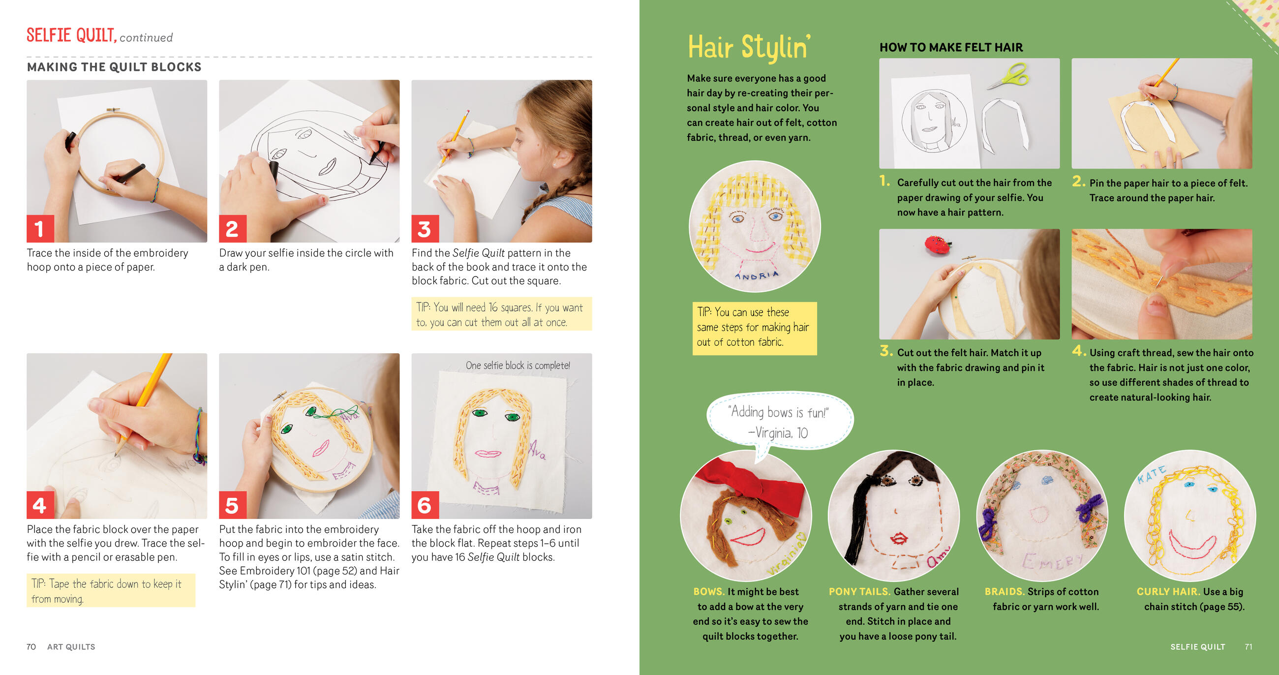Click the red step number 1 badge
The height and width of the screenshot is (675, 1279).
point(40,228)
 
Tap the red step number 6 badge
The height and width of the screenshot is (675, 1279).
point(425,505)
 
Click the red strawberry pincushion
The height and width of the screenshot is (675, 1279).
point(937,244)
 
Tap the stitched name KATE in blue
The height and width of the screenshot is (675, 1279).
point(1152,474)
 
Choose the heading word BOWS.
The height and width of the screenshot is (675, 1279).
point(709,591)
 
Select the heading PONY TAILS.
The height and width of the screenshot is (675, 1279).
point(859,591)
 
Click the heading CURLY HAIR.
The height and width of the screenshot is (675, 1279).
point(1169,591)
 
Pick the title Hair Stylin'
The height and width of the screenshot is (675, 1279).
point(749,48)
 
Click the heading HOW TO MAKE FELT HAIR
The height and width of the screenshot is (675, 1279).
point(951,47)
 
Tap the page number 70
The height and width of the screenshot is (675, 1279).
point(31,646)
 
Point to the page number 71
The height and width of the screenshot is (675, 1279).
point(1248,646)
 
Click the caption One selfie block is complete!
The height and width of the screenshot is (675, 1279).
point(518,366)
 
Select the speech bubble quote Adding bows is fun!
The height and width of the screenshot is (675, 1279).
point(778,412)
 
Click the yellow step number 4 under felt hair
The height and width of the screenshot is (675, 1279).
point(1078,351)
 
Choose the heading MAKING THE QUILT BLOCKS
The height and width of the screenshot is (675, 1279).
point(114,67)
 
